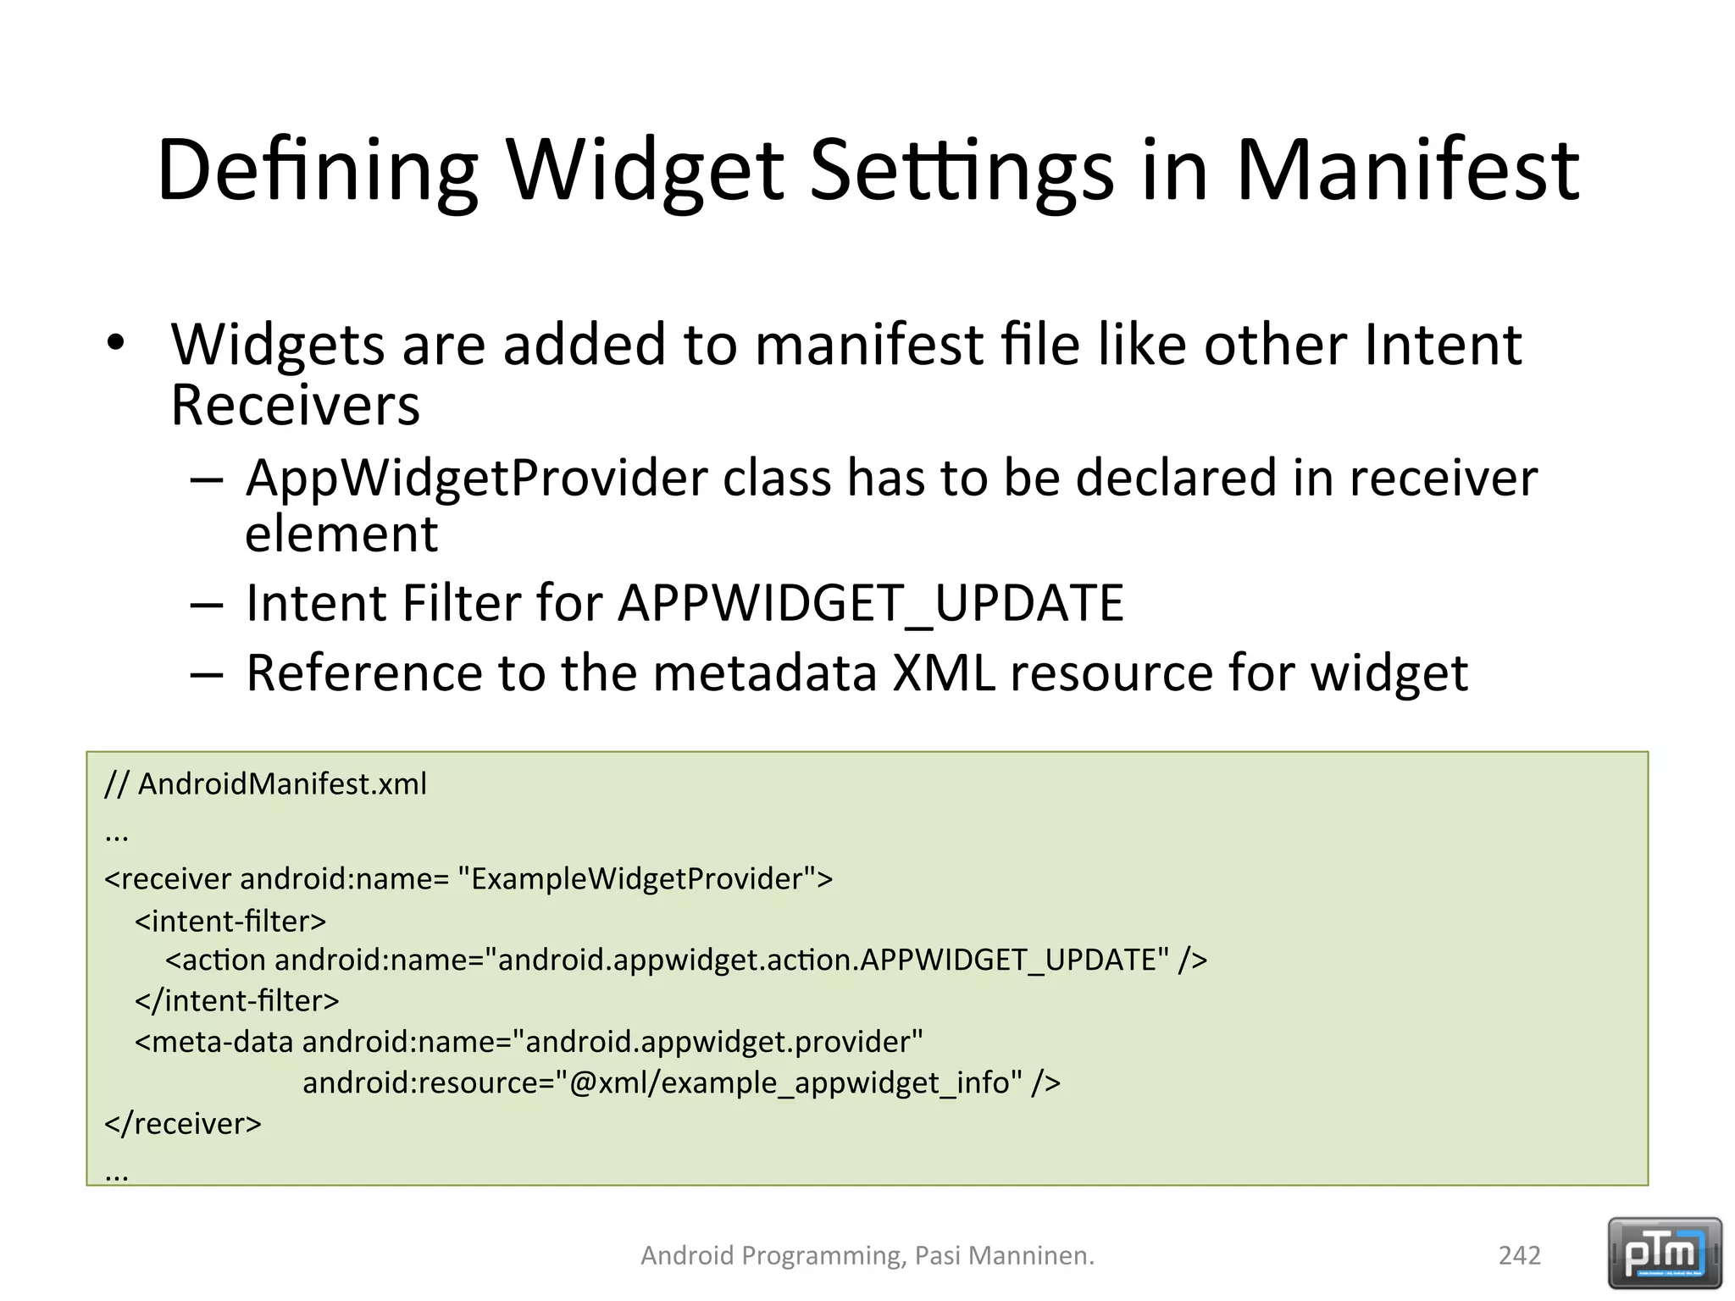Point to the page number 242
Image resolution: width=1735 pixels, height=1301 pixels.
(1519, 1255)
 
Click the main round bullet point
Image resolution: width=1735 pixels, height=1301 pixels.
(116, 343)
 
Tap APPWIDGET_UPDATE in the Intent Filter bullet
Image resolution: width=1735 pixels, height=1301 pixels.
(870, 604)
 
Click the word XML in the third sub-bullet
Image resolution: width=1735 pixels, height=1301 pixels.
(944, 673)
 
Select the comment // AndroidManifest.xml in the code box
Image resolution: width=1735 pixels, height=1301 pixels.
(265, 784)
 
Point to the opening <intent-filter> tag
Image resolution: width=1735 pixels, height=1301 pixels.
(230, 921)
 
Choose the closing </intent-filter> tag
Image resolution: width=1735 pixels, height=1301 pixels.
(236, 1001)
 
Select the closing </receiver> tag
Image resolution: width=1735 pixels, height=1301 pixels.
(183, 1124)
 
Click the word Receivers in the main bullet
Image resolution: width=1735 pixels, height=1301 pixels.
(295, 407)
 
